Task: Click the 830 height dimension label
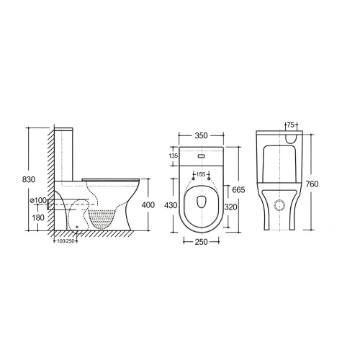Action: [x=29, y=179]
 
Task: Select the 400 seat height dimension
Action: [x=148, y=205]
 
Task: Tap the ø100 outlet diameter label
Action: [x=38, y=200]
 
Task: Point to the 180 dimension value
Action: [x=38, y=217]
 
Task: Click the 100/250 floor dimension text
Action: [x=66, y=241]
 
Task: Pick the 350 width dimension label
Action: [x=201, y=135]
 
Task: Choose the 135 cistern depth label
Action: [x=174, y=156]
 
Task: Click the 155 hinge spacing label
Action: [x=201, y=174]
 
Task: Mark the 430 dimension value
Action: [x=171, y=205]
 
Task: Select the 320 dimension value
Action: [x=230, y=207]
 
